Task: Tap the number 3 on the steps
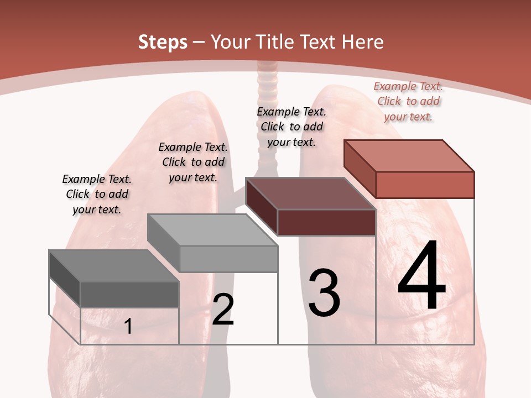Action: point(324,293)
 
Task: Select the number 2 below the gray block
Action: point(223,310)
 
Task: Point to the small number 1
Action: point(128,327)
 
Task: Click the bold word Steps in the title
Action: point(163,42)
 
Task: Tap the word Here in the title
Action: point(362,42)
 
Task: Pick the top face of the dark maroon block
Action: point(310,193)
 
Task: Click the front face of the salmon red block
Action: point(425,185)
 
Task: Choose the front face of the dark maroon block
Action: point(326,222)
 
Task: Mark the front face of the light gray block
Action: point(228,259)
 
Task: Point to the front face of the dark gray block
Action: point(129,294)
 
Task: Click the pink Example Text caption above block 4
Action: point(408,101)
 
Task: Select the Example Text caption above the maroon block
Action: point(291,127)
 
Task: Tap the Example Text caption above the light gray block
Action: point(193,162)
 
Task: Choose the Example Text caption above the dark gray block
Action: point(97,194)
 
